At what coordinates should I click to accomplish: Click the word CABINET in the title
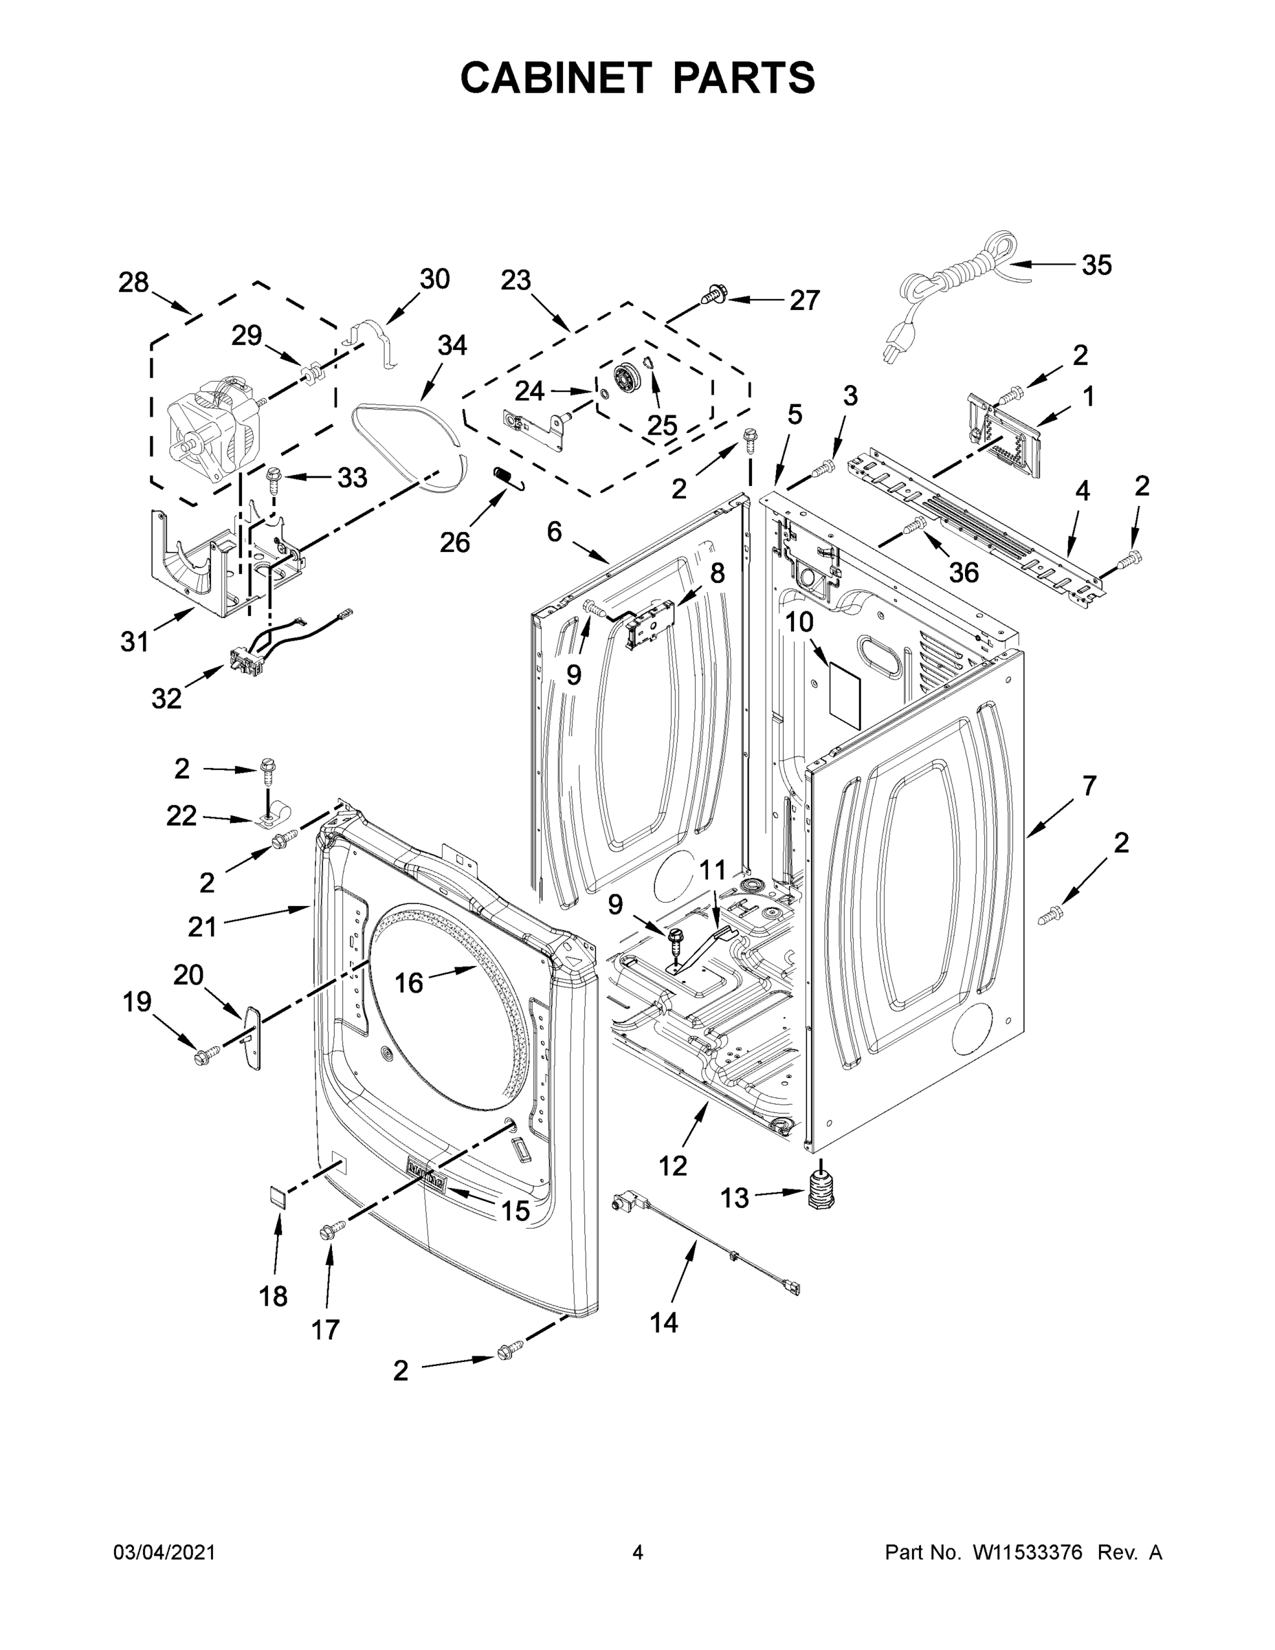pos(556,77)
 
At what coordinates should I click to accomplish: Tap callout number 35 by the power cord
pos(1096,265)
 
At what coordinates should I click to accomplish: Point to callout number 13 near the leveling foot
pos(734,1198)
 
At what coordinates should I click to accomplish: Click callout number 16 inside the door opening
pos(409,983)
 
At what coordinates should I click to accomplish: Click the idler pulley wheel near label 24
pos(626,375)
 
